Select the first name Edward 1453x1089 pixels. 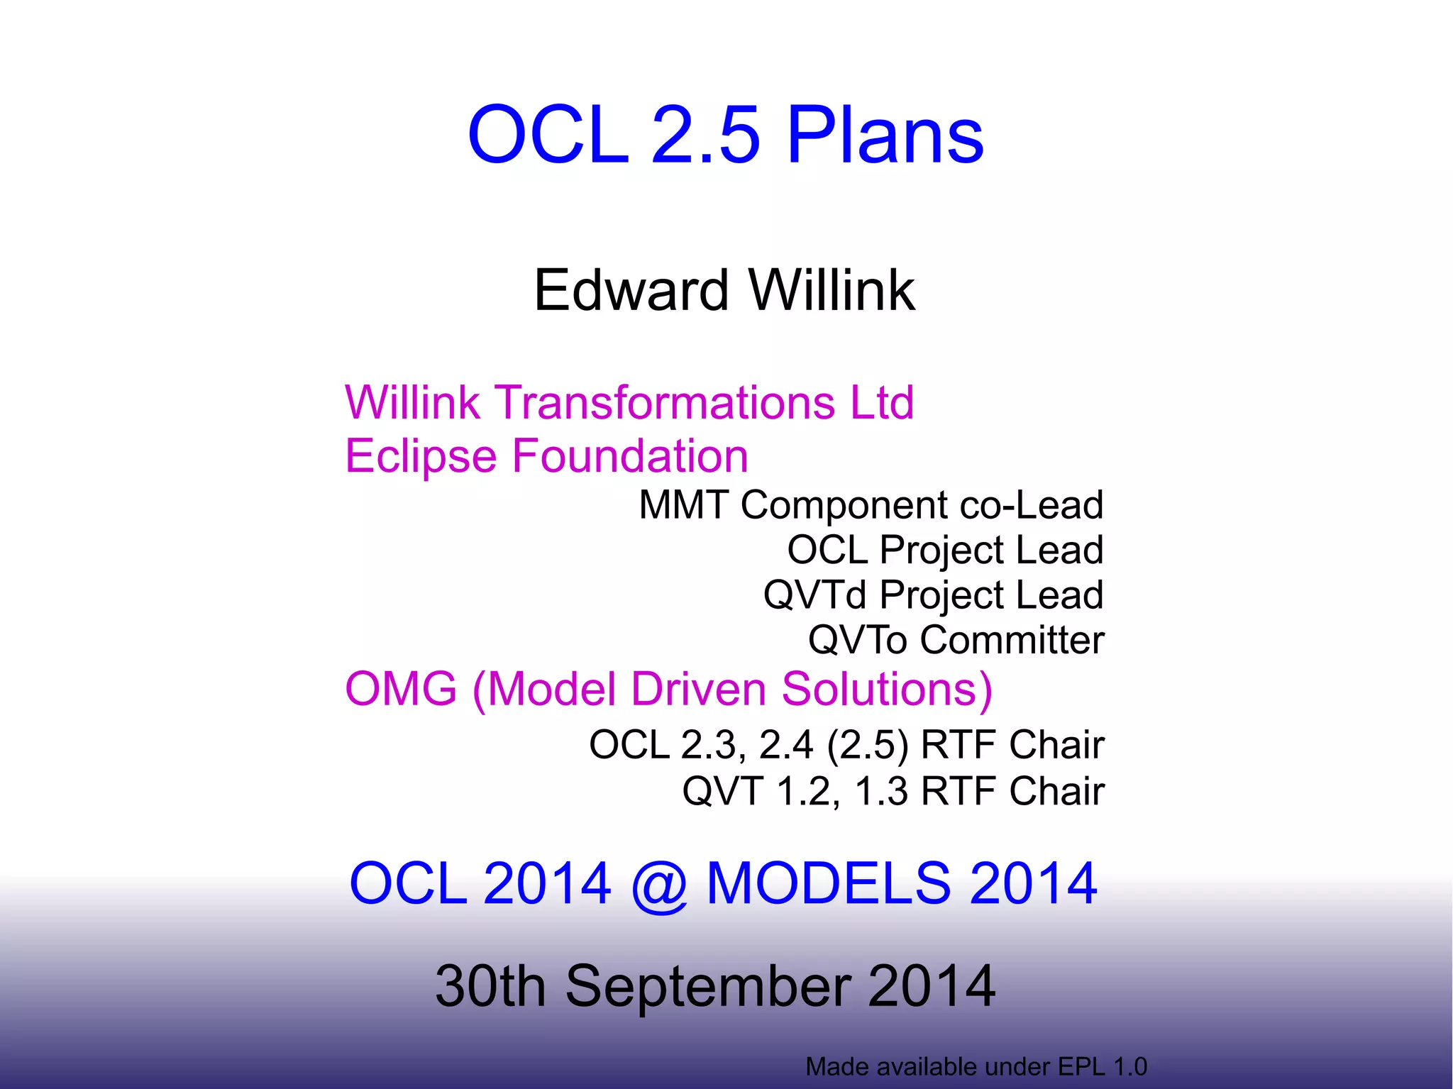631,290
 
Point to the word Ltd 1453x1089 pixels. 882,402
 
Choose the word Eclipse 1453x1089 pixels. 420,456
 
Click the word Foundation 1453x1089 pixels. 629,455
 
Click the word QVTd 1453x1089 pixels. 814,595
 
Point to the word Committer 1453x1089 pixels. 1012,640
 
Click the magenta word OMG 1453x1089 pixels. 401,689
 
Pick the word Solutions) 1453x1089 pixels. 887,689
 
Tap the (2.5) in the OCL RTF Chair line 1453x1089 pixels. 867,745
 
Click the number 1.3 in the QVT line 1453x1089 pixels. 881,791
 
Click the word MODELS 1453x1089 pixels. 829,883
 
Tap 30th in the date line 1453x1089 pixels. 490,986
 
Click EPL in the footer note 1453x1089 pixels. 1083,1066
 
